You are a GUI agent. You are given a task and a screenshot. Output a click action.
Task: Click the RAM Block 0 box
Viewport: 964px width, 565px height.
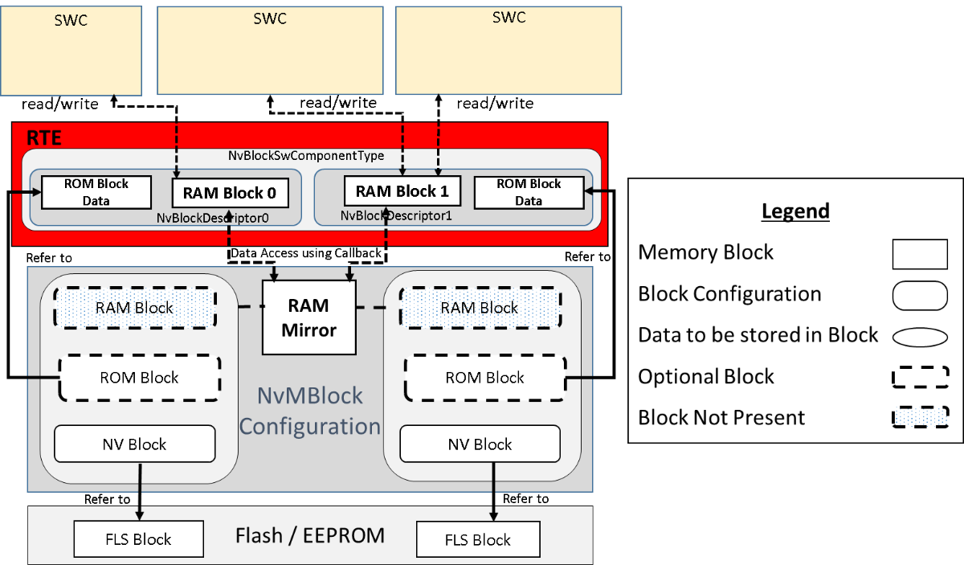point(229,193)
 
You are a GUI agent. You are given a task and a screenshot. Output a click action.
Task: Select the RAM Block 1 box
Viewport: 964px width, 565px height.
point(402,191)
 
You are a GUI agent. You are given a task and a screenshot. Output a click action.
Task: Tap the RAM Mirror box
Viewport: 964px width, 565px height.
point(309,317)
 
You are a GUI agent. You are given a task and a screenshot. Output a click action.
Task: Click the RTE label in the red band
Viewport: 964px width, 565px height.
point(44,137)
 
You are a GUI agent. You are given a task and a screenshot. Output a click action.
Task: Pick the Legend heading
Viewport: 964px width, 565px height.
point(794,211)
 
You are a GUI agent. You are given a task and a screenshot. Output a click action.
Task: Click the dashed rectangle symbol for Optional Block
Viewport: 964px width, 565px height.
point(920,376)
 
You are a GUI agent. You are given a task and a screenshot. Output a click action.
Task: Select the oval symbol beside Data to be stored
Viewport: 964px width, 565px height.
point(920,335)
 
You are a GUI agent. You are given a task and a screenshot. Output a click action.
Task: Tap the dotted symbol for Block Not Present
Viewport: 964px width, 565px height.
point(920,418)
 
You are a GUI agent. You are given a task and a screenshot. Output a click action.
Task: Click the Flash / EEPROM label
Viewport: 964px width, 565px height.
point(310,535)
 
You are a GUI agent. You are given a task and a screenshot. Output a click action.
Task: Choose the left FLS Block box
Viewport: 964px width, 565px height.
point(123,538)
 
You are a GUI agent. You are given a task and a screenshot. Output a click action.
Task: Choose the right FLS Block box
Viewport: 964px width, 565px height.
point(477,538)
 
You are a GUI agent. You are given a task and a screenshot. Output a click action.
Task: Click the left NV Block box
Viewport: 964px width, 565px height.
point(134,444)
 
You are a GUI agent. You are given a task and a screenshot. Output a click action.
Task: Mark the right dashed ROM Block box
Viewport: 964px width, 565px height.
point(484,378)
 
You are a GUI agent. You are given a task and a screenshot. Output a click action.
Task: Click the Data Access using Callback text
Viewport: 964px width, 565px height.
point(306,253)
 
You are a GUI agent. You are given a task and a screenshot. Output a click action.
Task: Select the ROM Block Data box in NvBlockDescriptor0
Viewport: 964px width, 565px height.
point(96,192)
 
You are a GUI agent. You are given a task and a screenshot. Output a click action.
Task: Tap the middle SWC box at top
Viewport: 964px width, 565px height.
point(270,50)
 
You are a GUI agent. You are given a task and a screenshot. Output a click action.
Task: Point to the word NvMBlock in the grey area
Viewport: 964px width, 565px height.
point(309,395)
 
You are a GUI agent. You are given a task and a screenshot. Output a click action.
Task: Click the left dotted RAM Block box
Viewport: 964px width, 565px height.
point(134,308)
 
